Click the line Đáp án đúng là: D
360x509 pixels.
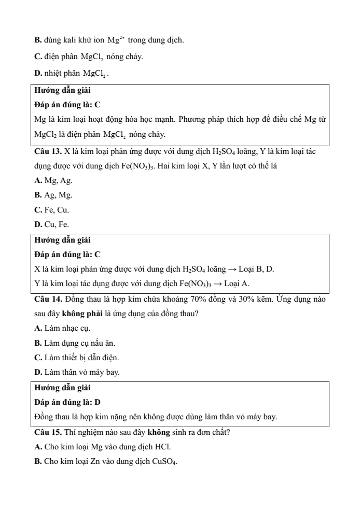67,402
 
